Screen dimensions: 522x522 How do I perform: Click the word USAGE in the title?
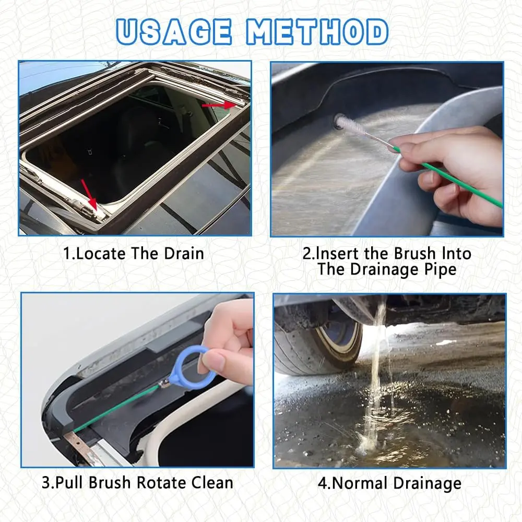(174, 32)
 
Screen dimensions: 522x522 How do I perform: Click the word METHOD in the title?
(317, 32)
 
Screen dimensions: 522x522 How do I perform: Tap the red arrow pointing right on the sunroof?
(219, 105)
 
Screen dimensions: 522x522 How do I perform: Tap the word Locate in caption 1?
(101, 254)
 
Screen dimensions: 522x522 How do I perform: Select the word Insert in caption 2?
(337, 254)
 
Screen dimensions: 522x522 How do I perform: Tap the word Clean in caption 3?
(212, 483)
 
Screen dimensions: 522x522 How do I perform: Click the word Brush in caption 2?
(414, 254)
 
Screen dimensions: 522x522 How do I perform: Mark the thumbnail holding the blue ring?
(213, 361)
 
